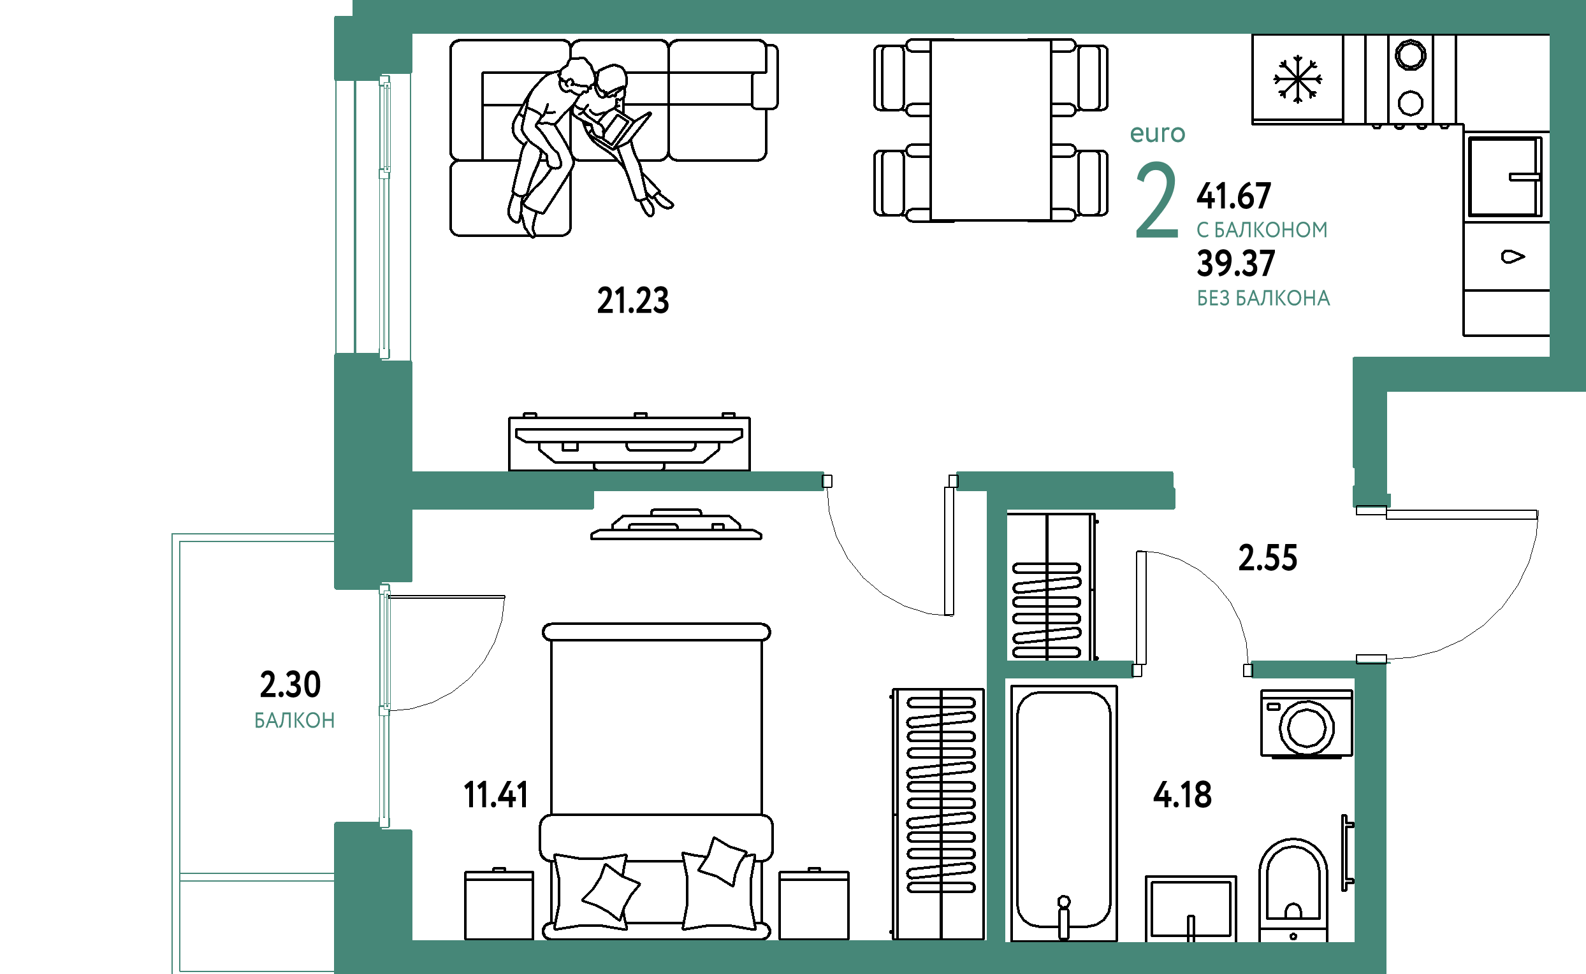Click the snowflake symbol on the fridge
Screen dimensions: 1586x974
(x=1297, y=79)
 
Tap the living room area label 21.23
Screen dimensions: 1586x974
(x=633, y=301)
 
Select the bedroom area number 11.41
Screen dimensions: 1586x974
(x=495, y=795)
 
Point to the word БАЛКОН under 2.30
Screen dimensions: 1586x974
(x=295, y=720)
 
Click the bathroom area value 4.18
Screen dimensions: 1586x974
(x=1182, y=795)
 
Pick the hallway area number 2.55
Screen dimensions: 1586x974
(x=1268, y=558)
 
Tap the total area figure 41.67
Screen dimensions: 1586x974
(x=1233, y=196)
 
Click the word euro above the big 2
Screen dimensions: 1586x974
(x=1158, y=133)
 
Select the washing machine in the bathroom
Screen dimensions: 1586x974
(x=1307, y=724)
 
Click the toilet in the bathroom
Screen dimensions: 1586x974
(x=1293, y=890)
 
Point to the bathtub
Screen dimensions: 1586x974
(x=1064, y=813)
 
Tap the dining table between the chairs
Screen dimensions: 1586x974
(x=991, y=130)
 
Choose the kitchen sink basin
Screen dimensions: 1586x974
(x=1505, y=176)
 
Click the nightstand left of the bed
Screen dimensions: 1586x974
(x=498, y=905)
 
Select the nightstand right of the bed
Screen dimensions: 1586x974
(x=814, y=905)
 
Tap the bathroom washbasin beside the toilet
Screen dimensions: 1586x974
(x=1191, y=908)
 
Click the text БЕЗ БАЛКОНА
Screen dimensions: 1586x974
(x=1263, y=298)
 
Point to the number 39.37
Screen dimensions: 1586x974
(x=1235, y=264)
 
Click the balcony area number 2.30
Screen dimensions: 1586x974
(x=290, y=685)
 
